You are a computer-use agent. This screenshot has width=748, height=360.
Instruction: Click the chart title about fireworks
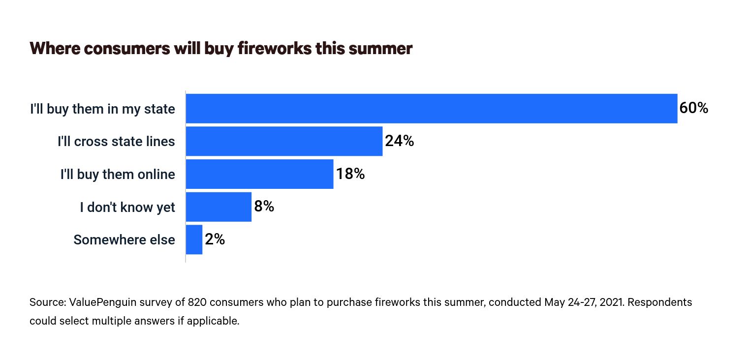pos(220,49)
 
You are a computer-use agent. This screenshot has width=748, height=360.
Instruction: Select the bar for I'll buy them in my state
pos(431,108)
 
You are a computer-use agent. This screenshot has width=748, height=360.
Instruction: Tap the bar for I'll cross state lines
pos(284,141)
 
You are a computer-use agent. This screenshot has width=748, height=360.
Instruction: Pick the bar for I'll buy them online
pos(259,174)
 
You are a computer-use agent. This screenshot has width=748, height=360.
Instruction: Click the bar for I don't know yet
pos(218,207)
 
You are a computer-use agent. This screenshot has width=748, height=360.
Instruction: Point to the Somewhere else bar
pos(194,240)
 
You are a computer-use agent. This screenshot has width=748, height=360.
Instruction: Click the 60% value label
pos(693,108)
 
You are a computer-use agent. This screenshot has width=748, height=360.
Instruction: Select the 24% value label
pos(399,141)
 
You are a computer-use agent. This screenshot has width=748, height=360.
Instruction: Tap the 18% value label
pos(350,174)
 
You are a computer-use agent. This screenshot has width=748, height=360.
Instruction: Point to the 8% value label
pos(264,207)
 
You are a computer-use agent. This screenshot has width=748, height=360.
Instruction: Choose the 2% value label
pos(215,240)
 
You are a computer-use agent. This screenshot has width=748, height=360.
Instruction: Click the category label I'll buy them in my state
pos(102,109)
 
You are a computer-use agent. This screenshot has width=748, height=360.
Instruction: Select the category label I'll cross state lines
pos(116,142)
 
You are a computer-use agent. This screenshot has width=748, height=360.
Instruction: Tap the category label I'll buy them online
pos(118,175)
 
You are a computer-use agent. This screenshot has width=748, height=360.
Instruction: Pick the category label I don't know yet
pos(127,208)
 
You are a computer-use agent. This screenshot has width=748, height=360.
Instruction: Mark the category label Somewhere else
pos(124,240)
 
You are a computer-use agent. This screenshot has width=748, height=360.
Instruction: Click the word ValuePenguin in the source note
pos(100,302)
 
